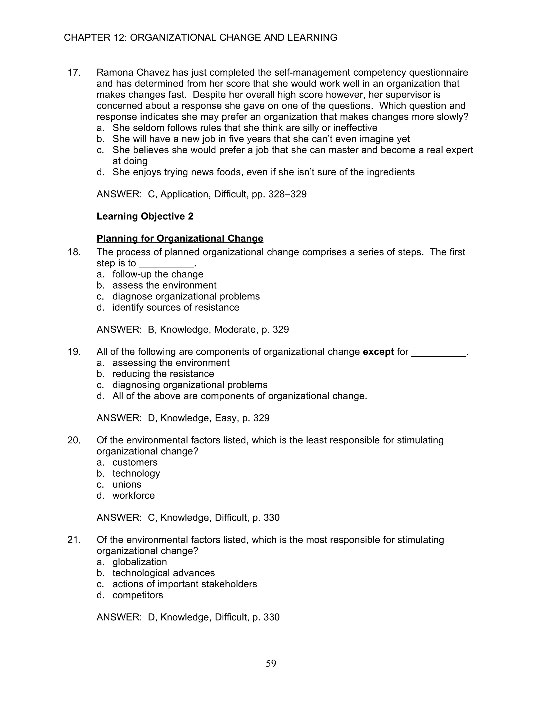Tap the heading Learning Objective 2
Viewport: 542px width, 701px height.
pos(145,216)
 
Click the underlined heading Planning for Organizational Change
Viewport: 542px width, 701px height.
pos(180,239)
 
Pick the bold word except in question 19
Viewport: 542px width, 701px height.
pos(378,352)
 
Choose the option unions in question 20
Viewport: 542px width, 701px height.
pos(127,484)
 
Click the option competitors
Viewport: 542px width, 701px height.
pos(138,595)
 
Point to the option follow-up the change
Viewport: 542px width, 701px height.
pos(158,274)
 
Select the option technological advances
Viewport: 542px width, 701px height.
pos(164,573)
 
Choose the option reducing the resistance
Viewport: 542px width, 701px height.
pos(163,374)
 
